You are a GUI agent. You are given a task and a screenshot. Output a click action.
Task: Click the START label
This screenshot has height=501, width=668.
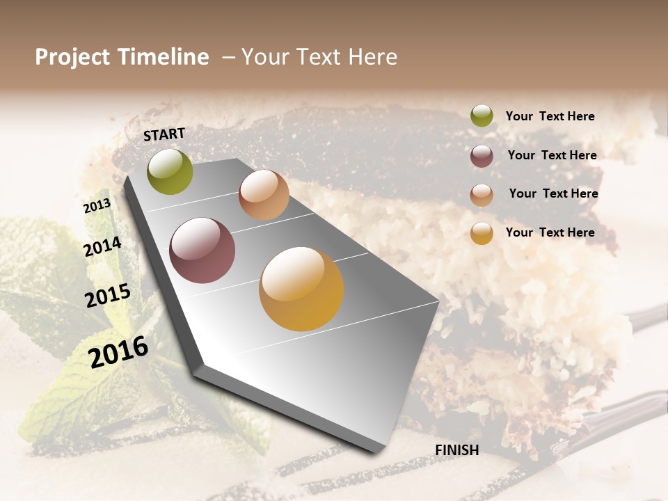coord(164,134)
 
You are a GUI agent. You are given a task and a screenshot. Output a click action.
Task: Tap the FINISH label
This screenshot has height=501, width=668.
coord(457,450)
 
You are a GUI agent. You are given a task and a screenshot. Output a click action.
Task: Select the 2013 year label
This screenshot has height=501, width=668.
coord(97,206)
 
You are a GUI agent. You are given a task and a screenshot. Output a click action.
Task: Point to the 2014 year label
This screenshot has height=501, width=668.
coord(103,246)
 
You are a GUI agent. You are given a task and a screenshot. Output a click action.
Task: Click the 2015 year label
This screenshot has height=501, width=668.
coord(108,296)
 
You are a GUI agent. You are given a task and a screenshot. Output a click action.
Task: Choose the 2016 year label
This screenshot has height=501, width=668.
coord(118,352)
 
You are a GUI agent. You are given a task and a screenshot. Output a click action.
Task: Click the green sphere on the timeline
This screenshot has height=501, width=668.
coord(170,172)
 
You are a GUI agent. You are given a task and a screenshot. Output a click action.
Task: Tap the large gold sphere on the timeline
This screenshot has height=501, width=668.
coord(301,289)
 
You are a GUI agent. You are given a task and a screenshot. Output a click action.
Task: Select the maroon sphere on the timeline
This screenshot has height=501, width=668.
coord(202,250)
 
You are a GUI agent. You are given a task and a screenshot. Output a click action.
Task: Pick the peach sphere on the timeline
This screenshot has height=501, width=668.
coord(264,195)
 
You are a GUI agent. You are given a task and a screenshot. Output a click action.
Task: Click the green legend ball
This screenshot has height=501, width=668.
coord(482,116)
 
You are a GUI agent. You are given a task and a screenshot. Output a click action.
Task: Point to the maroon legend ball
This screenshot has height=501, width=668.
coord(482,156)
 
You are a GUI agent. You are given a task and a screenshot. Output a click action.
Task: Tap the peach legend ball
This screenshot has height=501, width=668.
coord(482,195)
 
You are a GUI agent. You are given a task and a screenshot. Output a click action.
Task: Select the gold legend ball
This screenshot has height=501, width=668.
coord(482,233)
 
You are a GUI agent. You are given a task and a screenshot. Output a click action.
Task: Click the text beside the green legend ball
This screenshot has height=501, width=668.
coord(550,117)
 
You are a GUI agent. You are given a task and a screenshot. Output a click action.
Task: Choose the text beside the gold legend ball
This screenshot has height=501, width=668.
coord(550,232)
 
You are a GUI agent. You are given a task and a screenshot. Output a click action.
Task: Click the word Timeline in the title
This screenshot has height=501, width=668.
coord(163,57)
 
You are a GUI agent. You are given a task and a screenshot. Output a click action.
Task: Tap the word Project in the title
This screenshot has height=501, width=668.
coord(72,57)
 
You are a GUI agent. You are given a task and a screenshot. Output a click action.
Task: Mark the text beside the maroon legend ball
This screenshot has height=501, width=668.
coord(552,155)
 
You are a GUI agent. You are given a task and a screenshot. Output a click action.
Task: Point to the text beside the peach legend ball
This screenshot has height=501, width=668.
coord(554,193)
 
